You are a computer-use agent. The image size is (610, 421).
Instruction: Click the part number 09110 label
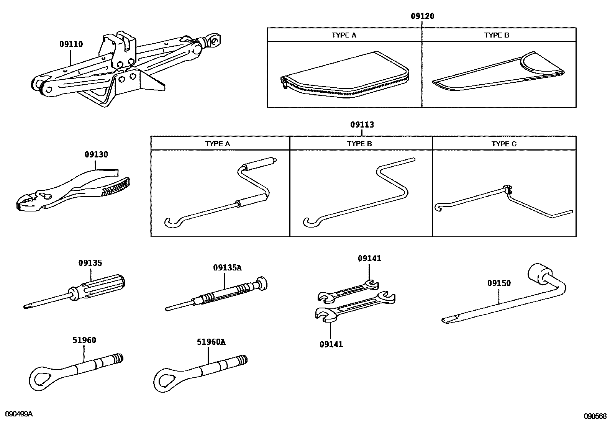pos(71,44)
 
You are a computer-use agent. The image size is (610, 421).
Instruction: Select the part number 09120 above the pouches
pos(423,16)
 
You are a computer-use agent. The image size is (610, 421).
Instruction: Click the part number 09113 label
pos(362,124)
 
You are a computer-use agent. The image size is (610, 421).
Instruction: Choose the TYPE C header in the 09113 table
pos(504,144)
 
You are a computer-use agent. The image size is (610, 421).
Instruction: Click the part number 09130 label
pos(96,155)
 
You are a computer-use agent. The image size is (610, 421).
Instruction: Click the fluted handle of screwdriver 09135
pos(103,285)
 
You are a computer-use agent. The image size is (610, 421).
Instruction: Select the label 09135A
pos(227,268)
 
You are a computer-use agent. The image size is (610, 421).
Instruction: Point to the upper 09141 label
pos(369,259)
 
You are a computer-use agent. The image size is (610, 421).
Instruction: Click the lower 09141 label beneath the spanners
pos(331,344)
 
